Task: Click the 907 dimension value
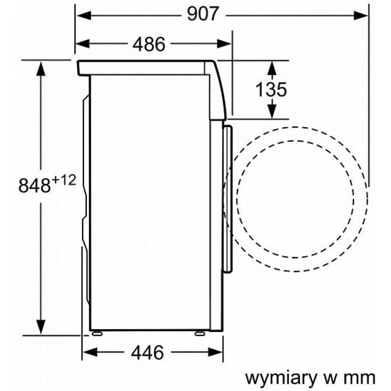point(203,15)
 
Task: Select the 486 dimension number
point(149,44)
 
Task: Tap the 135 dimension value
point(272,89)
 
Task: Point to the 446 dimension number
point(148,352)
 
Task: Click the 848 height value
point(34,186)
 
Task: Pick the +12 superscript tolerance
point(64,180)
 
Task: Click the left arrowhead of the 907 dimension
point(84,16)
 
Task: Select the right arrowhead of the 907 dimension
point(361,16)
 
